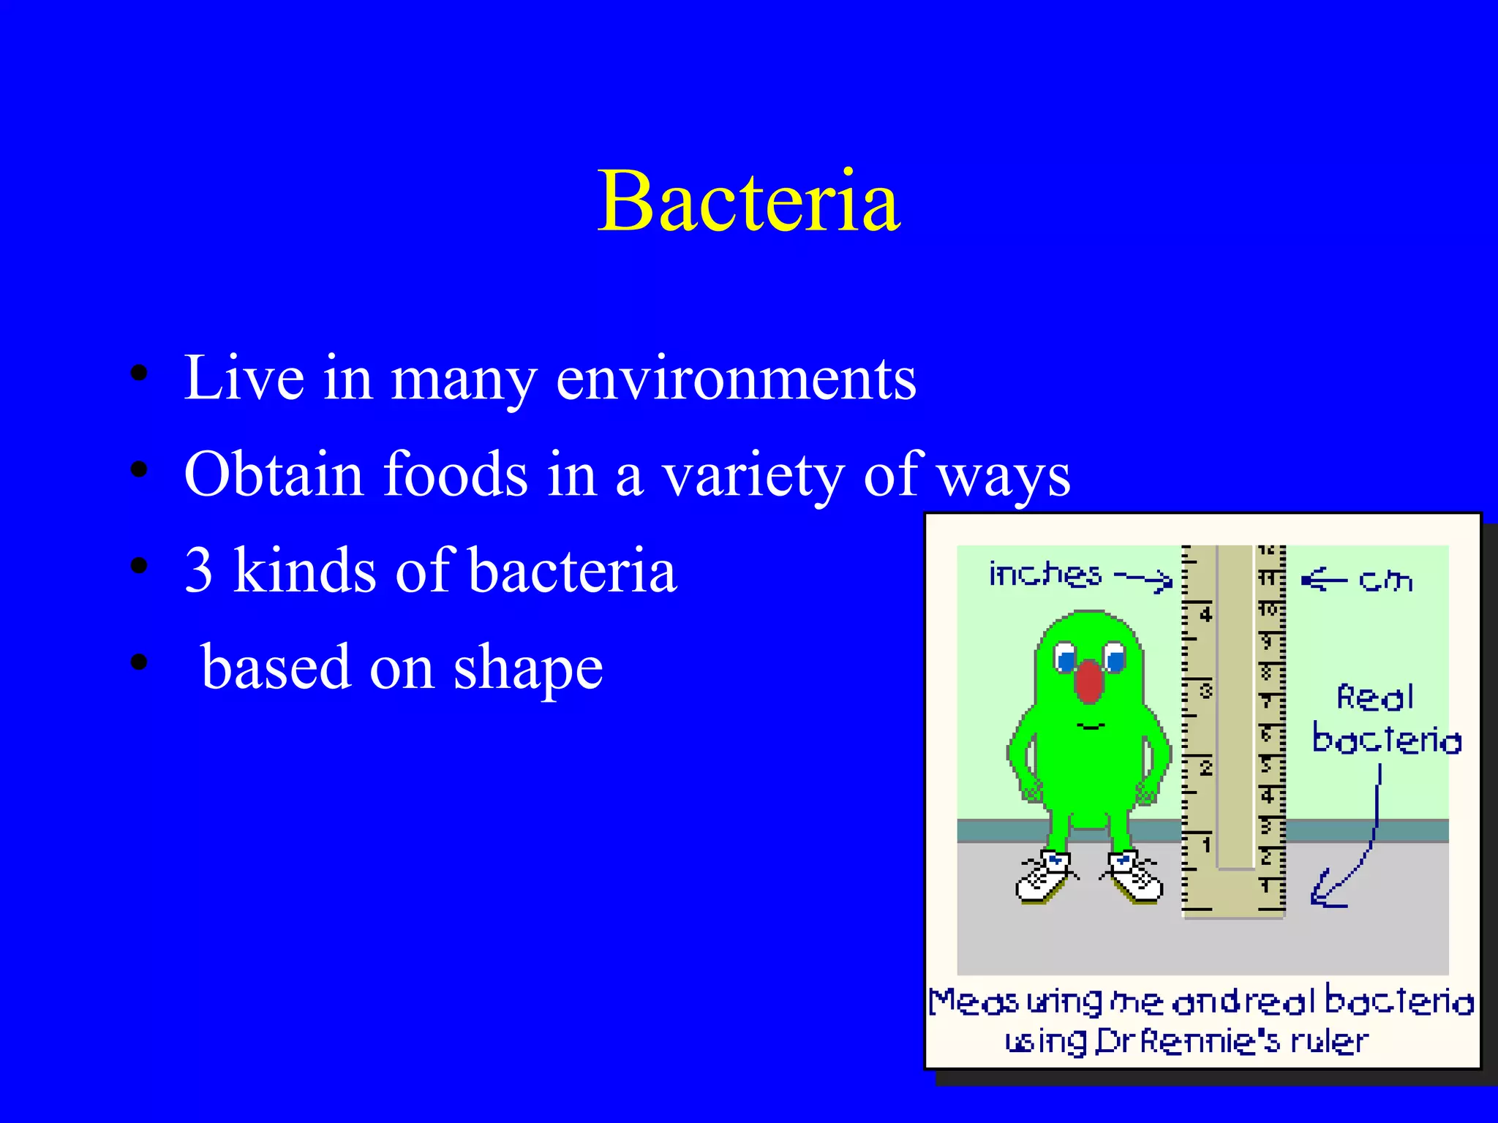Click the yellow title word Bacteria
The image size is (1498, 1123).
tap(748, 200)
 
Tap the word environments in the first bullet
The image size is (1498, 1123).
tap(736, 379)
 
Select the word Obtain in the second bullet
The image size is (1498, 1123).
tap(274, 474)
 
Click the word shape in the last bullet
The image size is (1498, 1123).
tap(528, 668)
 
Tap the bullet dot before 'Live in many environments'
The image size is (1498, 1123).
tap(139, 374)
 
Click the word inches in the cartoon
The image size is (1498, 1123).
tap(1045, 575)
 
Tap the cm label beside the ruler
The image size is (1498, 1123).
tap(1385, 581)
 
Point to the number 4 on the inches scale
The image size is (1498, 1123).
tap(1205, 614)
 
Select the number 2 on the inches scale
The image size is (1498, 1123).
tap(1206, 768)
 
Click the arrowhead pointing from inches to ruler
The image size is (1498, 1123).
tap(1163, 582)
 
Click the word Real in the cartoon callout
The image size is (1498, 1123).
tap(1374, 697)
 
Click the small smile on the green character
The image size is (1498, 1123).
tap(1091, 726)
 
